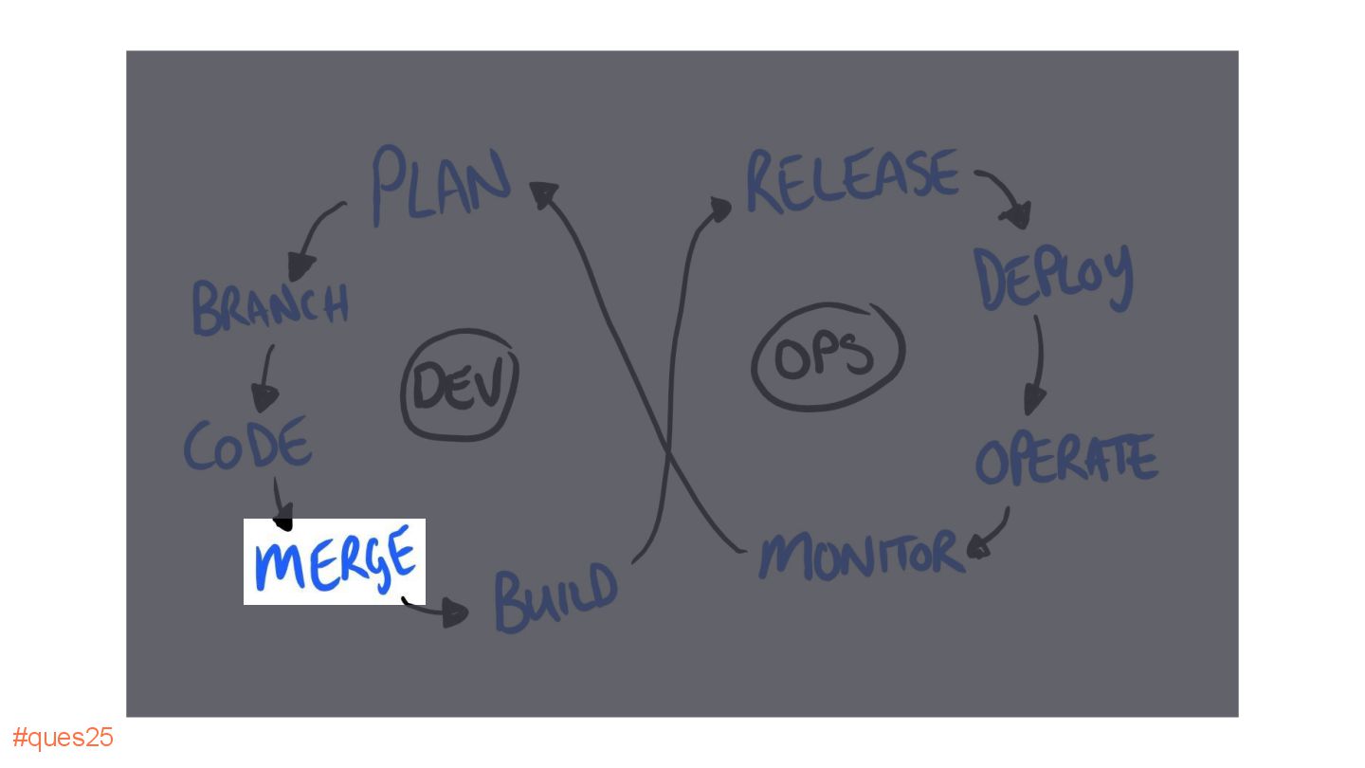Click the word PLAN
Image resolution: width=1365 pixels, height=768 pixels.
click(x=440, y=184)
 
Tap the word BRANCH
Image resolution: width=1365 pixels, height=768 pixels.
click(x=270, y=307)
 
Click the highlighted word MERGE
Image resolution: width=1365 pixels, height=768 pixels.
click(x=335, y=560)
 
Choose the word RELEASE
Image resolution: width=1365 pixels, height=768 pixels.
click(x=851, y=179)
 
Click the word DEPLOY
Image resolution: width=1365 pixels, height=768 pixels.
click(x=1054, y=278)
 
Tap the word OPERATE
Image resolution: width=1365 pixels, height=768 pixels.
click(x=1066, y=460)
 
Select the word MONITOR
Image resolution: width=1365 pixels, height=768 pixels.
click(x=860, y=554)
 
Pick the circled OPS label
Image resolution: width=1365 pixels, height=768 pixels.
click(x=827, y=357)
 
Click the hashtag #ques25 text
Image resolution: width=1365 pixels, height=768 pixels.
click(x=63, y=738)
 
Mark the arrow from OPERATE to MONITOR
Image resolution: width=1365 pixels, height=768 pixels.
click(x=992, y=536)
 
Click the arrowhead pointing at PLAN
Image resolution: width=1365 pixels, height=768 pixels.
click(x=544, y=193)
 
